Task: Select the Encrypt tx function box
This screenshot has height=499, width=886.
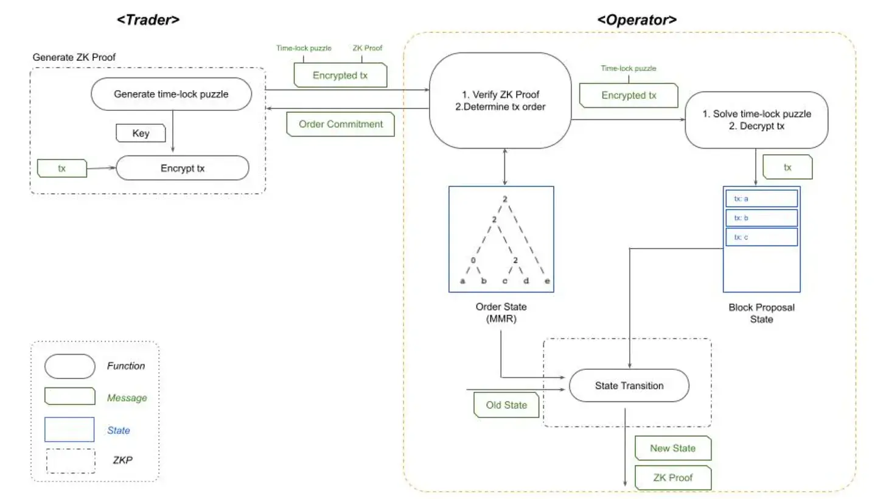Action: pos(183,168)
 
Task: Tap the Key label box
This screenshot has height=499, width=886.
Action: pos(140,133)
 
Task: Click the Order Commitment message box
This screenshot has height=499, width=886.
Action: pos(341,124)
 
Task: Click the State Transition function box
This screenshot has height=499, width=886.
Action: pos(629,386)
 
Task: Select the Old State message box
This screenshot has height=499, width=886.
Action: pos(506,405)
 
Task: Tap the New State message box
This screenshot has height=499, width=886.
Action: pos(672,448)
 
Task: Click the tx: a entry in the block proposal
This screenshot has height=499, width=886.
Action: pos(761,199)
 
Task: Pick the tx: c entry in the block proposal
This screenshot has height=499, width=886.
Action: pos(761,237)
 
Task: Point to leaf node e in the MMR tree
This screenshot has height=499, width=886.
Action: pos(546,281)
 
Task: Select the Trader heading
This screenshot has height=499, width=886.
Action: pos(148,19)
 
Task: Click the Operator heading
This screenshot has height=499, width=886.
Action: pos(637,19)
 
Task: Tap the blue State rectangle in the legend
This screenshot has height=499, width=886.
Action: pos(69,430)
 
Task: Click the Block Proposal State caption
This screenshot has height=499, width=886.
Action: pos(761,313)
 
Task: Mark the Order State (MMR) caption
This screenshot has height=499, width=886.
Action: pos(501,312)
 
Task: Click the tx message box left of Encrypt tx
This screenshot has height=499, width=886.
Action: pos(62,169)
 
